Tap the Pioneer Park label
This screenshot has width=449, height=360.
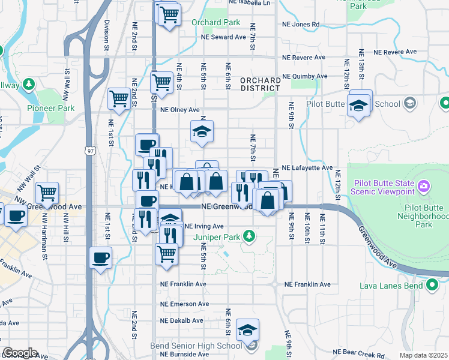tap(50, 109)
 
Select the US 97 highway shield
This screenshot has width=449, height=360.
tap(89, 148)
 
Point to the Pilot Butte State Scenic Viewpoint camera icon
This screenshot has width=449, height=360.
tap(424, 186)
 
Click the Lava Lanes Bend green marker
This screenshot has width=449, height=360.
tap(432, 285)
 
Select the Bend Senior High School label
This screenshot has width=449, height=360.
tap(196, 346)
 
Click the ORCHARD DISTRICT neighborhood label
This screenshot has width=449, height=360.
tap(260, 85)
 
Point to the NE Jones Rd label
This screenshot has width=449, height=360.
tap(301, 25)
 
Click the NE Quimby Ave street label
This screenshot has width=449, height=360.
tap(305, 76)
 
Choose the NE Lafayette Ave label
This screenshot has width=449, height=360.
tap(307, 168)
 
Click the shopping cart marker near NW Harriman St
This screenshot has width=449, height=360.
tap(47, 193)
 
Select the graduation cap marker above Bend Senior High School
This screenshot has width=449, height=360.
tap(247, 329)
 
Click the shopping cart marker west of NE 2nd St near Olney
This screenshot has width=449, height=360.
tap(119, 98)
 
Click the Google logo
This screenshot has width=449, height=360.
tap(20, 353)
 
